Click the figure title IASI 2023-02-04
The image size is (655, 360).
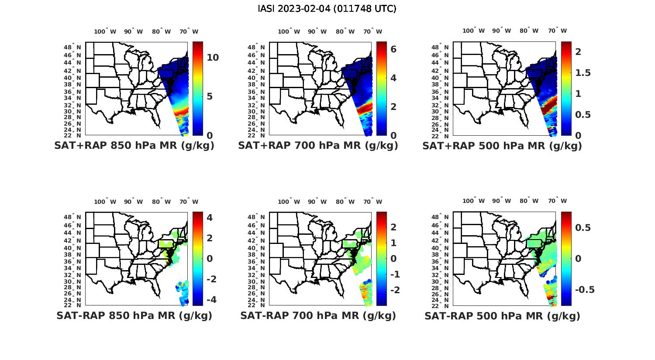coord(327,9)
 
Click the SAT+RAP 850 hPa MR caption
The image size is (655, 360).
coord(134,146)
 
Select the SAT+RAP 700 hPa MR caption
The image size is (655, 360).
coord(318,146)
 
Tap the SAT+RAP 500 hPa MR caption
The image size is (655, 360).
coord(502,146)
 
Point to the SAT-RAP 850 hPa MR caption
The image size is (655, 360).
coord(134,315)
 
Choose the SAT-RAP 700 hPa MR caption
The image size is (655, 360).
coord(318,315)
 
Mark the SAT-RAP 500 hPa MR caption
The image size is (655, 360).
coord(502,316)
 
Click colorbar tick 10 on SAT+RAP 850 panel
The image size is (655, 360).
coord(213,58)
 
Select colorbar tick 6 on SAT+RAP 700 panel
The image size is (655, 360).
coord(393,49)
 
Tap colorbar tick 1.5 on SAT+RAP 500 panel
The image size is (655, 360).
coord(583,72)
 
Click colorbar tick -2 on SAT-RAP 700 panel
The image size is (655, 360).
coord(393,290)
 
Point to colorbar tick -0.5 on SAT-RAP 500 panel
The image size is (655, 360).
coord(584,290)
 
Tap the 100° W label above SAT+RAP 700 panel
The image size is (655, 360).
coord(289,31)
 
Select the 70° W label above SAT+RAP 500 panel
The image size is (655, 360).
coord(557,31)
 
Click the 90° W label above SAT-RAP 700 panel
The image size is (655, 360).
coord(317,202)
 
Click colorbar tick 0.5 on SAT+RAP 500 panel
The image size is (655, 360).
coord(583,114)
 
